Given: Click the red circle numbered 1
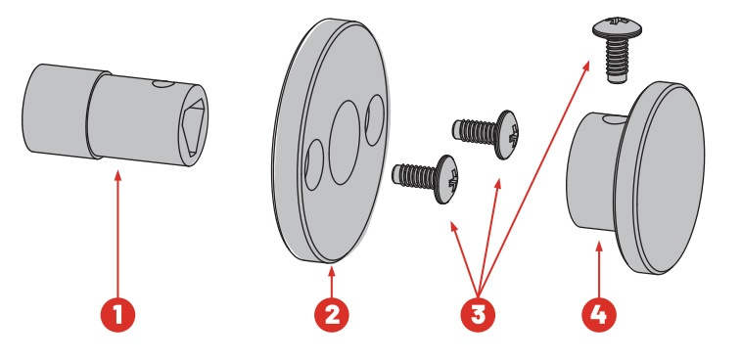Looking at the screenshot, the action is coord(117,315).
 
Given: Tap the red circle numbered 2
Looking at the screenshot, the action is coord(332,315).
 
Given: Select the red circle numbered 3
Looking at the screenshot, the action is coord(479,315).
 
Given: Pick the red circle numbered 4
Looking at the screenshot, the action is coord(599,315).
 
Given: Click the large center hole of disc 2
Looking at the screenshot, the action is coord(344,142).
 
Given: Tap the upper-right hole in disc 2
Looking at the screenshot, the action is coord(375,120).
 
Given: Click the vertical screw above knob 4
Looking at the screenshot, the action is coord(617,50).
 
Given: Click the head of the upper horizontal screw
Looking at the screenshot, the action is coord(508,135).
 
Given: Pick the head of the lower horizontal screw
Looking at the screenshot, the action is coord(447,179).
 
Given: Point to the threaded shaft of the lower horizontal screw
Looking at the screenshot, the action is coord(415,175).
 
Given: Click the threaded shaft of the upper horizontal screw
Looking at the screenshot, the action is coord(476,130).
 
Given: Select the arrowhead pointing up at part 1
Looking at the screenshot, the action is coord(117,176).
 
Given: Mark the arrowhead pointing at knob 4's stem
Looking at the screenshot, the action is coord(599,247).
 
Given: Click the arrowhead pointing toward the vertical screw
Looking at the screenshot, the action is coord(586,66).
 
